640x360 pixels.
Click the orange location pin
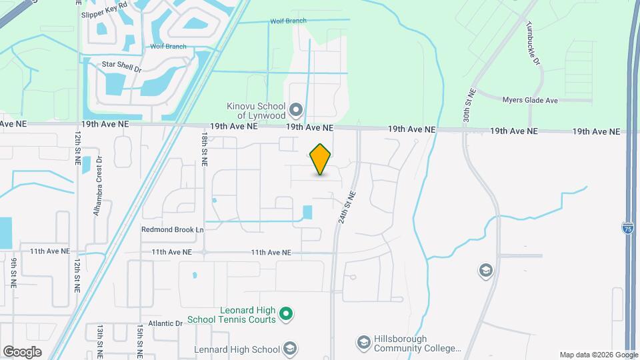321,159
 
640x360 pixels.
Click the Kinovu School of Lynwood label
256,111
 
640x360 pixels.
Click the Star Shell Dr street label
122,67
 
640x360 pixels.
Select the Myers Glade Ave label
530,100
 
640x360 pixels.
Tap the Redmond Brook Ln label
172,229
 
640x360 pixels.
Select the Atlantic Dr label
165,323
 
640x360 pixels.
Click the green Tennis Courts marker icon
286,313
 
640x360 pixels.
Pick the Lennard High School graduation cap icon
289,348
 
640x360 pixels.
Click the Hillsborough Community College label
417,344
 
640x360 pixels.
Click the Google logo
22,351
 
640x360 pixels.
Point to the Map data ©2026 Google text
597,355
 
